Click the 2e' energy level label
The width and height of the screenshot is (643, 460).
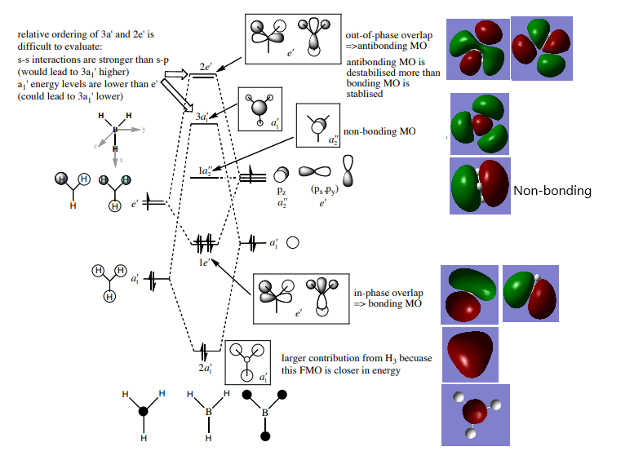(206, 65)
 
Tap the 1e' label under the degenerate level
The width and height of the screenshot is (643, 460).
(205, 263)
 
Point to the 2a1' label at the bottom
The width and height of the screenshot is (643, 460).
(206, 369)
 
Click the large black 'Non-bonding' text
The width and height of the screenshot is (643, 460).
(552, 191)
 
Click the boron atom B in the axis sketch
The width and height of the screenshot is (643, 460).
(115, 129)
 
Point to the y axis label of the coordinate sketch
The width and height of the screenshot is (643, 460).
(143, 129)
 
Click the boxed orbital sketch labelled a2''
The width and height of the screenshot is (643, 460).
(319, 124)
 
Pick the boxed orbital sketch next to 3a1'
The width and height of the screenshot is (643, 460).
(260, 109)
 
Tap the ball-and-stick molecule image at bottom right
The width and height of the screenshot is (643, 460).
(475, 414)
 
